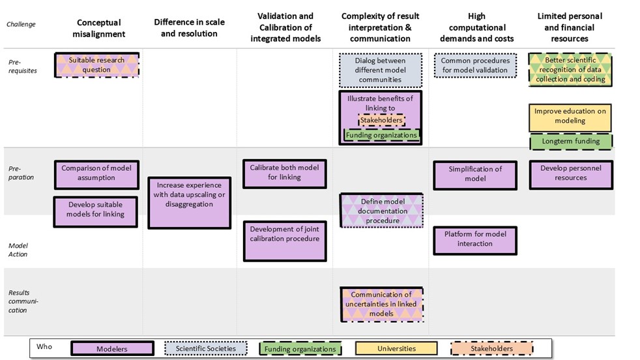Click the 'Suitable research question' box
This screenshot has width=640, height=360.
[96, 65]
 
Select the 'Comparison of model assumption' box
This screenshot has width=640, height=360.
[96, 173]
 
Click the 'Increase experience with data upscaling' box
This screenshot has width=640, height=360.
[189, 195]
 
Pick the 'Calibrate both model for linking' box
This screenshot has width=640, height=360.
[284, 173]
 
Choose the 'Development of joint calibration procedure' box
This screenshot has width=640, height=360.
[284, 234]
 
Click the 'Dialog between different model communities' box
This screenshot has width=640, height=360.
[379, 70]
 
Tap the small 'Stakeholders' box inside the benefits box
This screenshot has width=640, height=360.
[381, 120]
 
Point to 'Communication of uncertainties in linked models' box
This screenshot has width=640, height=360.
[381, 304]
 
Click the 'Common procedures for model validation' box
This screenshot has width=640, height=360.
[474, 65]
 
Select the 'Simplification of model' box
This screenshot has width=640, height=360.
[475, 174]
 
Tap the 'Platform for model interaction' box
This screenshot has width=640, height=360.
[475, 239]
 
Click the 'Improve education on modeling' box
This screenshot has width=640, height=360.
[570, 116]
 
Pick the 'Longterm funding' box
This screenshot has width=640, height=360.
[571, 141]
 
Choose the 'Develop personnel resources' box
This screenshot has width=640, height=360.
[571, 173]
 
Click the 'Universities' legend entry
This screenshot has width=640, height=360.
[396, 349]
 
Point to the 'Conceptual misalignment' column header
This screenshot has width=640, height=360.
[98, 28]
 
